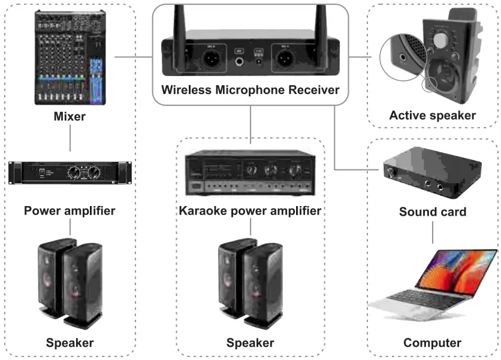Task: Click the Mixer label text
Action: pyautogui.click(x=69, y=116)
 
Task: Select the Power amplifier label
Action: pyautogui.click(x=70, y=210)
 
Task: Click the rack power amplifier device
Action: pyautogui.click(x=70, y=172)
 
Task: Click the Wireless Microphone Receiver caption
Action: pyautogui.click(x=250, y=91)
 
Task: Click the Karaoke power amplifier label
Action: pyautogui.click(x=250, y=211)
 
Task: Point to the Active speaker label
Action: pyautogui.click(x=432, y=116)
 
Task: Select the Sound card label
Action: pyautogui.click(x=432, y=211)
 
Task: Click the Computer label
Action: pyautogui.click(x=432, y=343)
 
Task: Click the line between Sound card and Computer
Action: pyautogui.click(x=432, y=232)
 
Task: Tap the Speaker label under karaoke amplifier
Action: pyautogui.click(x=250, y=343)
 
